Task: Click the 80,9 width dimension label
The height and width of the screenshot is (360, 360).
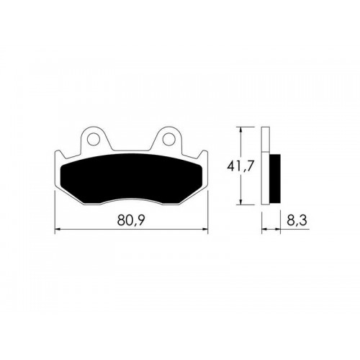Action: [x=131, y=220]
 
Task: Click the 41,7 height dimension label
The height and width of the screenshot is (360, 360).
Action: [x=240, y=166]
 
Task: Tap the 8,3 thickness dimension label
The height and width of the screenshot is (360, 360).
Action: [x=297, y=220]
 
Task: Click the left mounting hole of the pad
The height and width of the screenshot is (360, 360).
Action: [x=94, y=139]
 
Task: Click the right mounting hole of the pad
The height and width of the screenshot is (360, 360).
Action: [x=168, y=139]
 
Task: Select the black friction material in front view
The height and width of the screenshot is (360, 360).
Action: [x=132, y=178]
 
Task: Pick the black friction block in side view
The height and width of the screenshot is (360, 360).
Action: [x=275, y=179]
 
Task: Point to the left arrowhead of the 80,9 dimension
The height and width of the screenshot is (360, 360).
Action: [x=58, y=230]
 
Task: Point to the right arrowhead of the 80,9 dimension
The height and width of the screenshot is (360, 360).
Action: [x=205, y=230]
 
